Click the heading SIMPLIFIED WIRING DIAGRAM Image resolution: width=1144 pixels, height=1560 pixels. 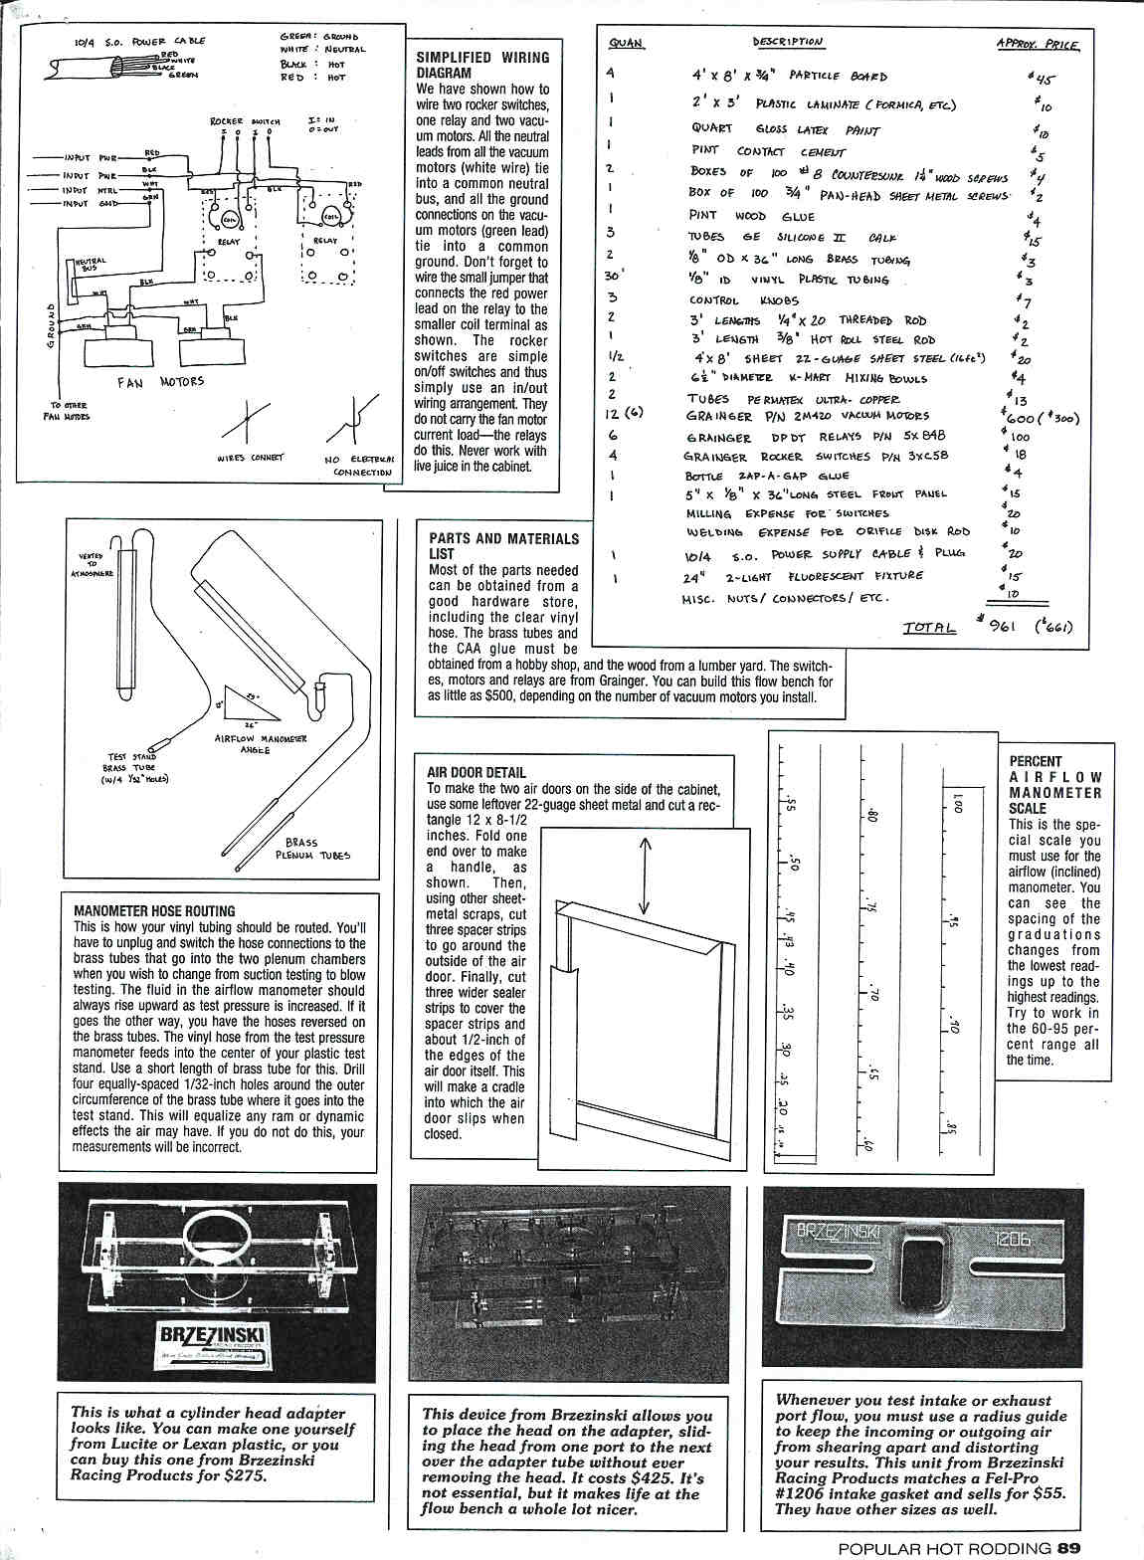481,66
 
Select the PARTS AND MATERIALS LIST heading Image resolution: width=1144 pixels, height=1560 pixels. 503,545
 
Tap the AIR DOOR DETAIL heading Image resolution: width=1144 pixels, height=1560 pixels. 476,772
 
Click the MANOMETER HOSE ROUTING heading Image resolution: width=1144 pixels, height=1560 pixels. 154,910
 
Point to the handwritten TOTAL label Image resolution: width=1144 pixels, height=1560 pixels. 929,627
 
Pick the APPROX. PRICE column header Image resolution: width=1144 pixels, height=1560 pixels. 1037,44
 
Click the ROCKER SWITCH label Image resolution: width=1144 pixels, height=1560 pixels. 245,121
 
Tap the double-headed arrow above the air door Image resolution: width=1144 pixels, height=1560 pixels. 645,875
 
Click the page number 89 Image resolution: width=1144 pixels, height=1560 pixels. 1069,1548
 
